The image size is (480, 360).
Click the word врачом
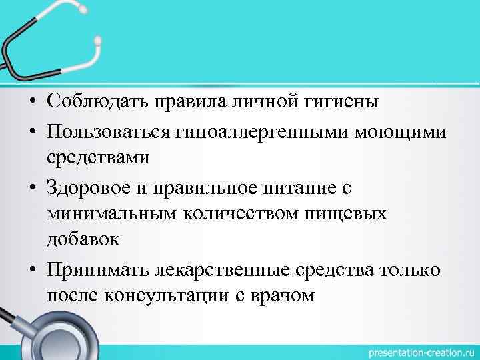[285, 295]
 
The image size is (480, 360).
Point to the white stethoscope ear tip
[98, 42]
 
